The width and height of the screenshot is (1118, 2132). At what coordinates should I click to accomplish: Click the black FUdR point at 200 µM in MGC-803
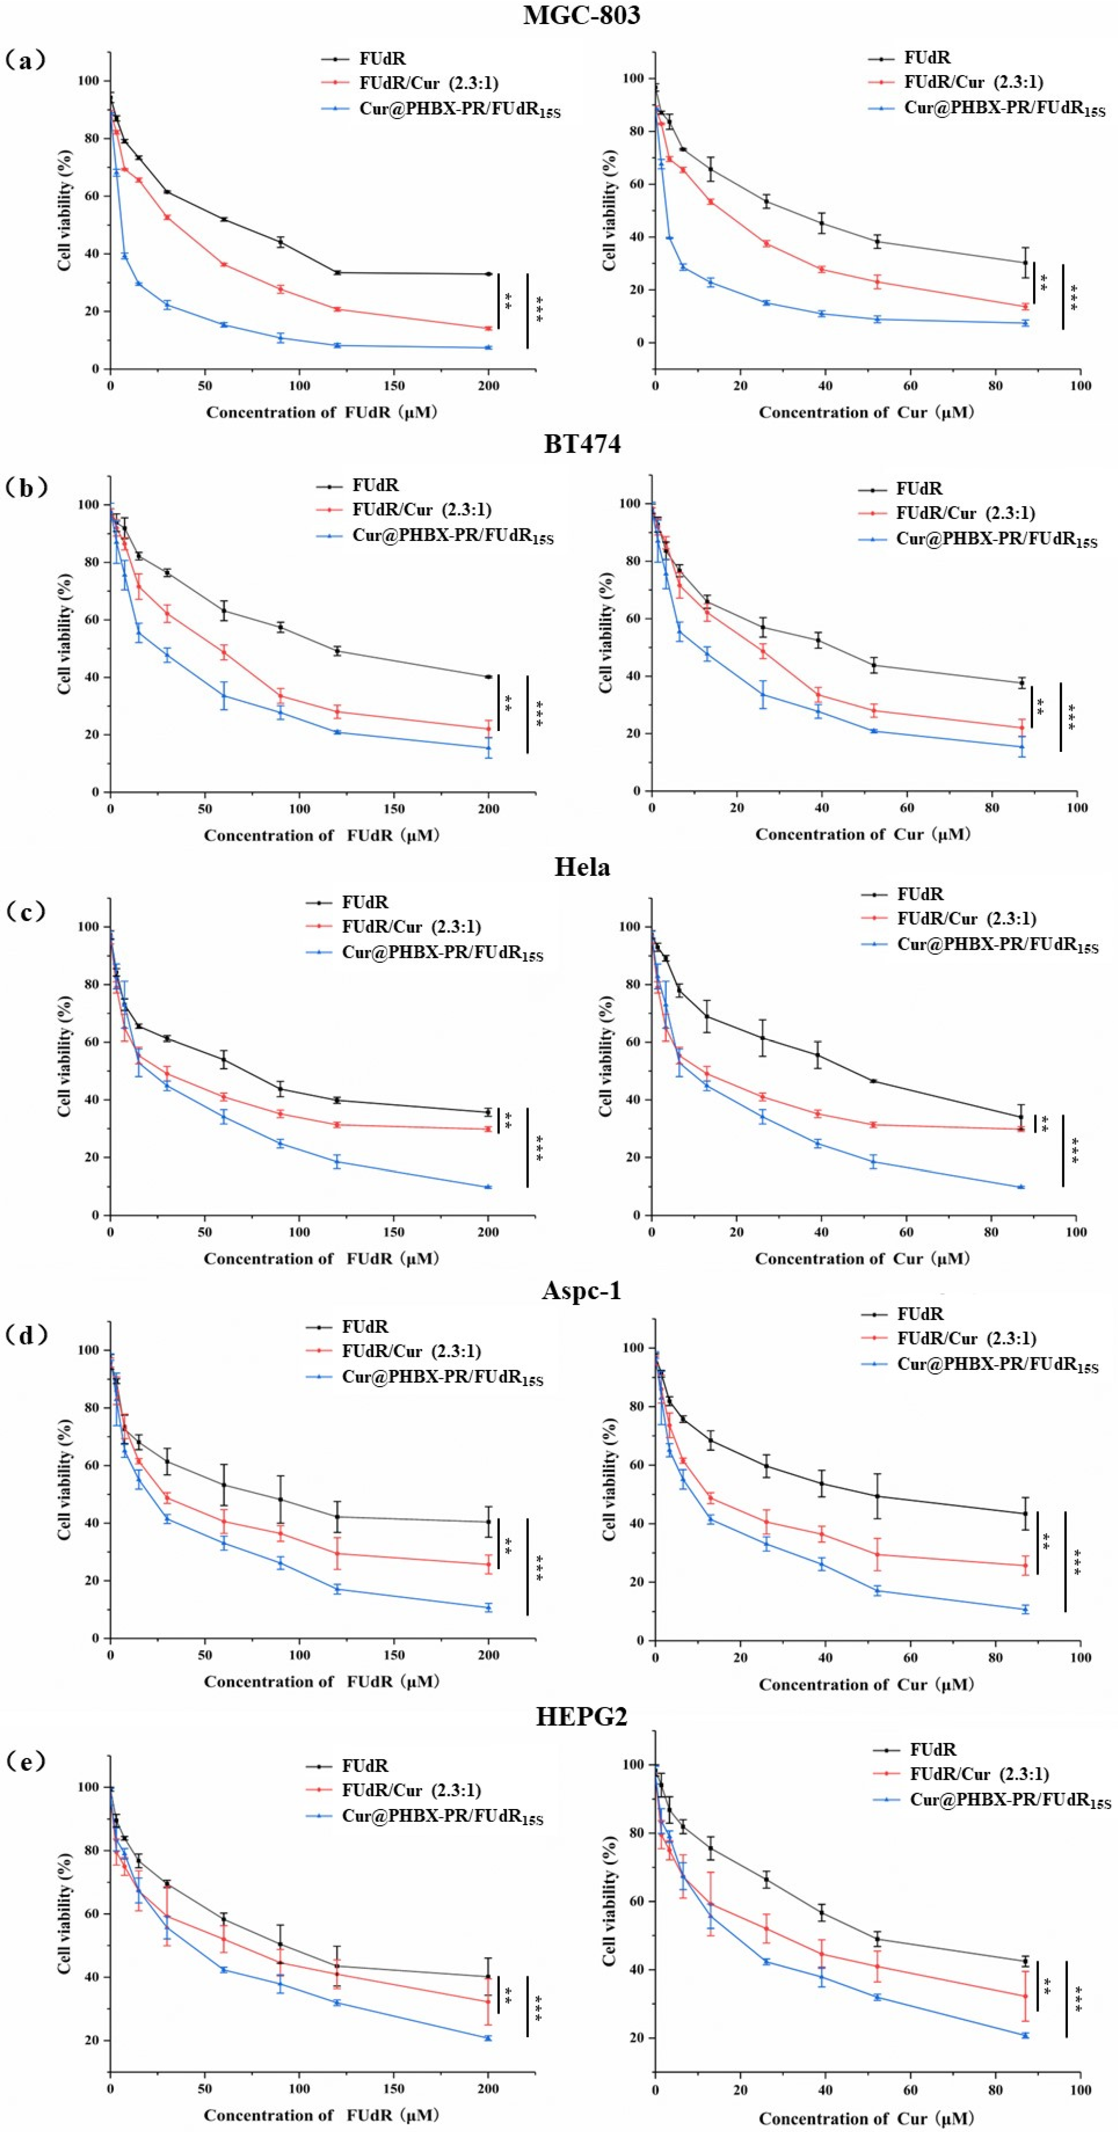(x=489, y=274)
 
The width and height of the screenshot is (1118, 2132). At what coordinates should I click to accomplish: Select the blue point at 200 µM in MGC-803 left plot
(x=489, y=348)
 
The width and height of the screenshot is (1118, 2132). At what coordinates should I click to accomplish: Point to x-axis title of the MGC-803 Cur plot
(x=866, y=412)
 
